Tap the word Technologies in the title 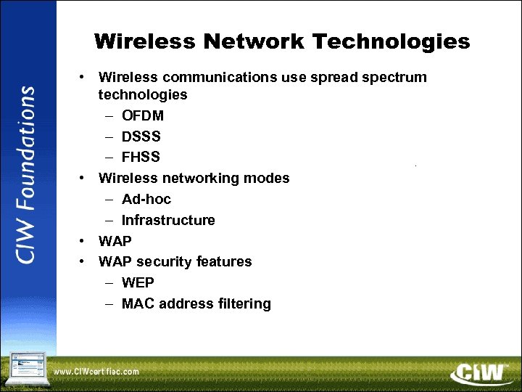pos(393,41)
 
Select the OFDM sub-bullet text pos(143,115)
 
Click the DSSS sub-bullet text pos(141,136)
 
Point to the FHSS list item pos(141,158)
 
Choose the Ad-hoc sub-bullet pos(146,199)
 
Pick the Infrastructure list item pos(168,220)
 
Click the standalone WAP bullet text pos(115,241)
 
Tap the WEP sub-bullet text pos(138,282)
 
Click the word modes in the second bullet pos(270,178)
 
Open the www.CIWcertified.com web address pos(96,372)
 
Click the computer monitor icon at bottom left pos(26,367)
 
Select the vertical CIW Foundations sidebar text pos(26,175)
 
